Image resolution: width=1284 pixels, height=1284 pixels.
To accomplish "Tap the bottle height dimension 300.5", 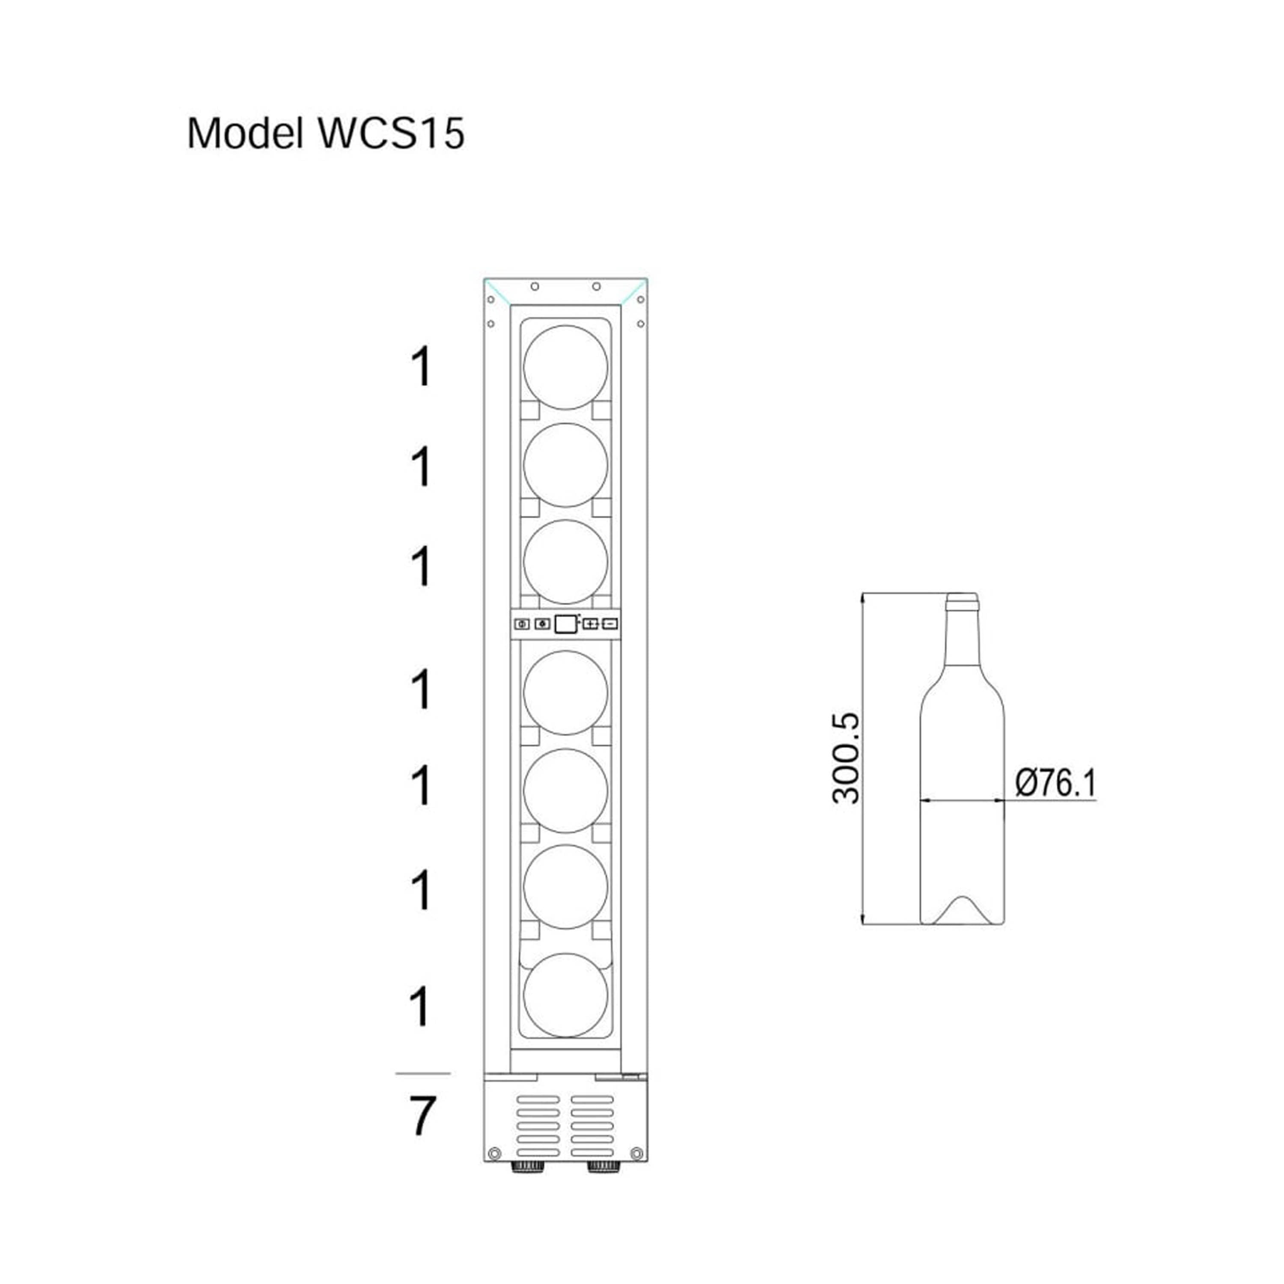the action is coord(846,758).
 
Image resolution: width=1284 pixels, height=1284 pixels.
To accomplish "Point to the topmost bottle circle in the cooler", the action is coord(565,367).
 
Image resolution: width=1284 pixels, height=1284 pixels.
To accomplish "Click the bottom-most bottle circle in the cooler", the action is coord(565,996).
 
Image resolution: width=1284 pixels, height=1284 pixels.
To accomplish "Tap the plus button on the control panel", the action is coord(590,624).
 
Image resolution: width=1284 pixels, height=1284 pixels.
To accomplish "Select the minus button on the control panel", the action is coord(610,624).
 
